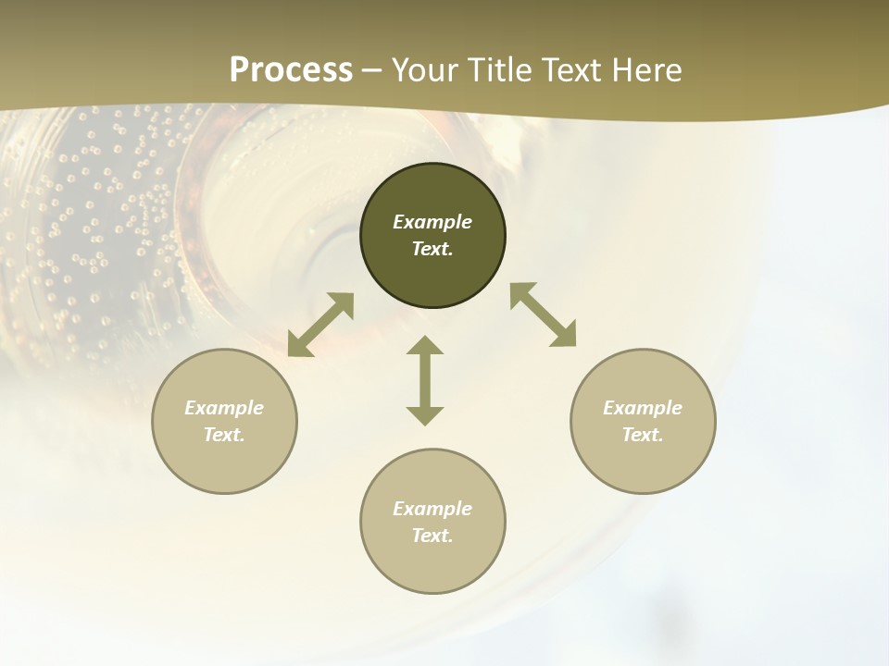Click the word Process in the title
click(291, 70)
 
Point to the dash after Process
click(372, 71)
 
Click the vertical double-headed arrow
click(425, 380)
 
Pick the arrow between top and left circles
click(320, 325)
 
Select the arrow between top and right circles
click(543, 315)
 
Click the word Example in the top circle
click(432, 222)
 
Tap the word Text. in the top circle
click(432, 249)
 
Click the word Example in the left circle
click(224, 408)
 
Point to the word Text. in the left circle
click(224, 435)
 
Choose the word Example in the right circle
click(643, 408)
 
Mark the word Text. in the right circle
click(643, 435)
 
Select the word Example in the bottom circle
click(432, 509)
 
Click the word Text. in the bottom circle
click(432, 536)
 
